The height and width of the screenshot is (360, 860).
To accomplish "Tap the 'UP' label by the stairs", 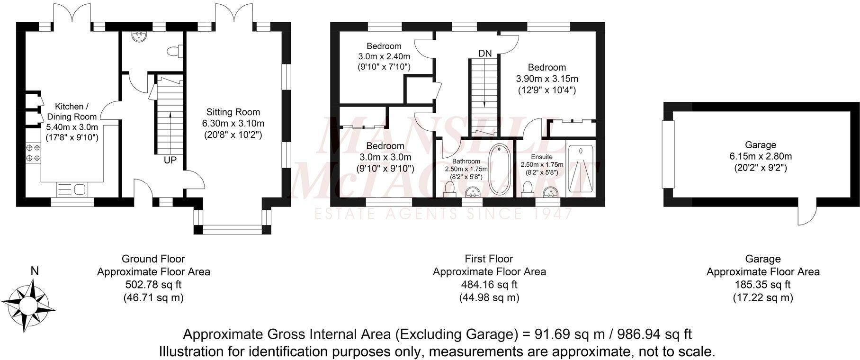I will [x=170, y=161].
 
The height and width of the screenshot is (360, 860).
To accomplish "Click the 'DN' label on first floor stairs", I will [x=484, y=54].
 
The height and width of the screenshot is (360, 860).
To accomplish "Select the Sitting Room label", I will [x=233, y=112].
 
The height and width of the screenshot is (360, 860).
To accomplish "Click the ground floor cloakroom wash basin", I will [x=140, y=36].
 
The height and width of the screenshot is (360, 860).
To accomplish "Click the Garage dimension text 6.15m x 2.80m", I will [x=761, y=156].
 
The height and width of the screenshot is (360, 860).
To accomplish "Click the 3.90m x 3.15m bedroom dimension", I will [x=547, y=79].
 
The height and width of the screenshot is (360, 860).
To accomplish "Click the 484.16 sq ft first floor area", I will [x=489, y=285].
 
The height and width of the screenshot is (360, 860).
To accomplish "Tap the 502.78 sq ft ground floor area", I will [x=153, y=285].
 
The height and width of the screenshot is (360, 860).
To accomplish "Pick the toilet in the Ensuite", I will [x=526, y=188].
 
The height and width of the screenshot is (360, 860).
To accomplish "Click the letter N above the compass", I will [x=34, y=271].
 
